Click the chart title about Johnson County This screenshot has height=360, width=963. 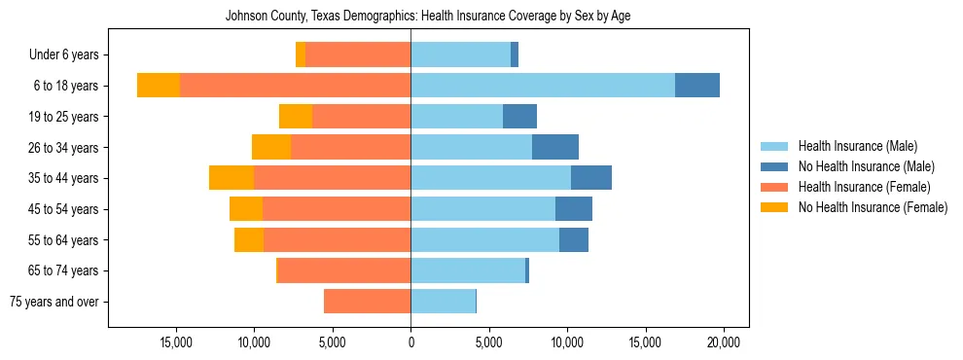pyautogui.click(x=428, y=17)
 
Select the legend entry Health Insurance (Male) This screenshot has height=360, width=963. pyautogui.click(x=856, y=147)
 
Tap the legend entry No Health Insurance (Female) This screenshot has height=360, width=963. pyautogui.click(x=872, y=207)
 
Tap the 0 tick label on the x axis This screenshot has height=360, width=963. pyautogui.click(x=410, y=342)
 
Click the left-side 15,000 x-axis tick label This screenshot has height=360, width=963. pyautogui.click(x=176, y=342)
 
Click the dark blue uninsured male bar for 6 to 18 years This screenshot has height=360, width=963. pyautogui.click(x=697, y=86)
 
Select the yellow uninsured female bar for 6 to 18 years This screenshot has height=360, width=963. pyautogui.click(x=159, y=86)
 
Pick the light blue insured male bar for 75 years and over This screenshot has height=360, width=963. pyautogui.click(x=443, y=302)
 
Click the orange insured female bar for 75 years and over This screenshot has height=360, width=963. pyautogui.click(x=367, y=302)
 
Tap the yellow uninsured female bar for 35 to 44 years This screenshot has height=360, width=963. pyautogui.click(x=232, y=178)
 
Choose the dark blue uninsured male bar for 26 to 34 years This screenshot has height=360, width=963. pyautogui.click(x=555, y=147)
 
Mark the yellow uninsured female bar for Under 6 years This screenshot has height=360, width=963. pyautogui.click(x=301, y=55)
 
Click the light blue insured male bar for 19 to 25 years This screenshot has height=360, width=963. pyautogui.click(x=456, y=117)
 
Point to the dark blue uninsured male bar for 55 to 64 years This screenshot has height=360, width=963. pyautogui.click(x=574, y=239)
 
